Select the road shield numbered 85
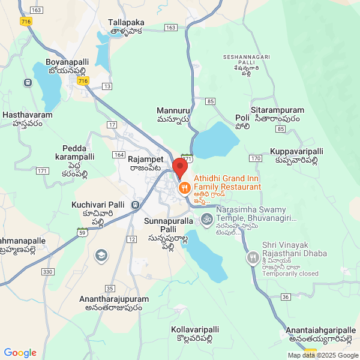(210, 101)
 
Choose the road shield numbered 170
(256, 158)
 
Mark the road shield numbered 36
(286, 297)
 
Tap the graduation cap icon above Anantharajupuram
(101, 256)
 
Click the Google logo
(20, 353)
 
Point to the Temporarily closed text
(290, 274)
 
